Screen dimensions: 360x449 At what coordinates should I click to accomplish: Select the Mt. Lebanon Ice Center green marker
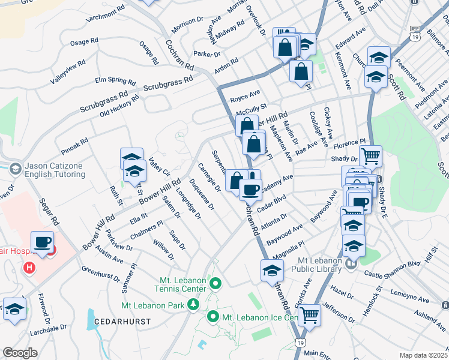pos(213,316)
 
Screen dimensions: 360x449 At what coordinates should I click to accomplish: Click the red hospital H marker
pos(28,266)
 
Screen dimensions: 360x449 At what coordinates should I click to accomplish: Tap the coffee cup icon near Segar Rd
pos(42,243)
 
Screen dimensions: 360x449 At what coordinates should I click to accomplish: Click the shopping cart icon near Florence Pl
pos(370,157)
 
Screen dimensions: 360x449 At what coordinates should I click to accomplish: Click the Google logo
pos(20,353)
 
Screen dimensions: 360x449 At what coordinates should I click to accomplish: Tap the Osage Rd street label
pos(83,42)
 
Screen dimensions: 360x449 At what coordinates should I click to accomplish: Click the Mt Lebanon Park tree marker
pos(193,305)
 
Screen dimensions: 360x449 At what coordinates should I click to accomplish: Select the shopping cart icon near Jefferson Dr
pos(309,314)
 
